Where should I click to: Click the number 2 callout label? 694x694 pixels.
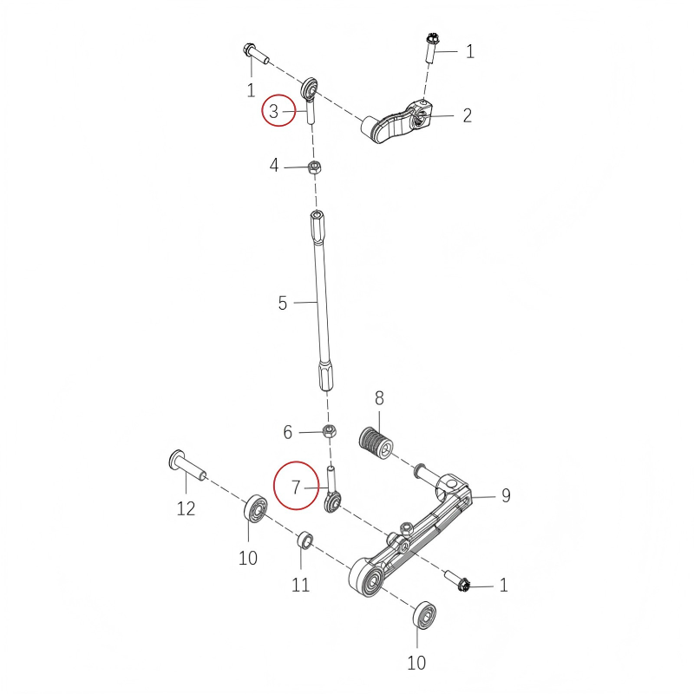tap(467, 115)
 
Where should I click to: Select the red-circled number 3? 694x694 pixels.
tap(273, 111)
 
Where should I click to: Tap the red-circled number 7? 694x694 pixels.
tap(295, 488)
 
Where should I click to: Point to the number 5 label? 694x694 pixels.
tap(283, 304)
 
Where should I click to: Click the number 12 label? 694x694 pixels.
tap(187, 508)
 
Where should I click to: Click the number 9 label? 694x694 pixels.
tap(506, 495)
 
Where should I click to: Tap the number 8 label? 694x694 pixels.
tap(379, 399)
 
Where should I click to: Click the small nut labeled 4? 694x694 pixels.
tap(316, 167)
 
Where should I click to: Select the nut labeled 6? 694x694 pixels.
tap(331, 431)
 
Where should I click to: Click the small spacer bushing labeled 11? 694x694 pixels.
tap(305, 541)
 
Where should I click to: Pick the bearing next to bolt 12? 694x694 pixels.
tap(256, 507)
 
